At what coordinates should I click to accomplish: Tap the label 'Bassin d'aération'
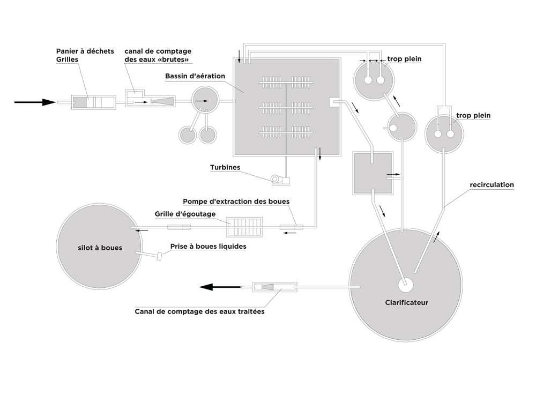[195, 76]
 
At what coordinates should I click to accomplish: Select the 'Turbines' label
[225, 167]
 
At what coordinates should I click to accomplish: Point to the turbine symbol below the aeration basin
[279, 180]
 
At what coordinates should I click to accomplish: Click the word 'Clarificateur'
[406, 302]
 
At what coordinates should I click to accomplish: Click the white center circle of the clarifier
[406, 282]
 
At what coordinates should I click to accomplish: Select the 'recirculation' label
[492, 185]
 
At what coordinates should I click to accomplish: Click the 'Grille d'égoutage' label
[185, 214]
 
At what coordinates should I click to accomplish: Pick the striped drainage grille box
[244, 227]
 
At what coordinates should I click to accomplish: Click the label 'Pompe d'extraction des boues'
[236, 202]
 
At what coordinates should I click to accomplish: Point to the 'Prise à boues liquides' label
[209, 247]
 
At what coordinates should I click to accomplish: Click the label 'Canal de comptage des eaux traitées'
[199, 311]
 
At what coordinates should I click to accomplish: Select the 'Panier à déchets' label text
[85, 51]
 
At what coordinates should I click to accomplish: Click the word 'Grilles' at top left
[67, 59]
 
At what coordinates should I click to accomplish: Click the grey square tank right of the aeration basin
[371, 173]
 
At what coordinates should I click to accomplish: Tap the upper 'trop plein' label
[400, 58]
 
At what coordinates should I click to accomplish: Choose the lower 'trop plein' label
[473, 115]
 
